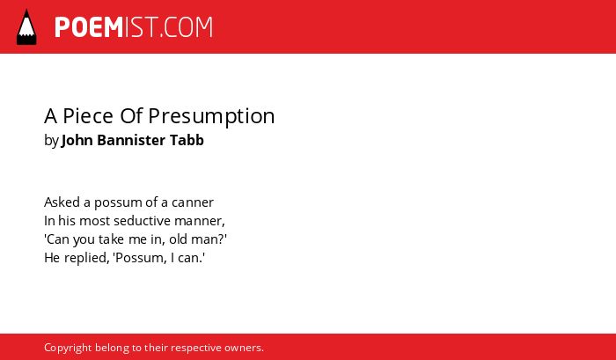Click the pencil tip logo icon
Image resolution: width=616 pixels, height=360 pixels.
26,26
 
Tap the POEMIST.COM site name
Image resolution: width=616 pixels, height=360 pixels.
134,27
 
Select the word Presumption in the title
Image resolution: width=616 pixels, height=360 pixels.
211,117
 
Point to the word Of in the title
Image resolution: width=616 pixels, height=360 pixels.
131,116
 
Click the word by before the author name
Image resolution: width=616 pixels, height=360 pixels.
51,141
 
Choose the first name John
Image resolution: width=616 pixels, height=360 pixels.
77,140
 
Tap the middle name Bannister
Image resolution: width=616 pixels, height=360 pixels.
131,140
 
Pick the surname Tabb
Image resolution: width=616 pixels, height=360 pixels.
187,140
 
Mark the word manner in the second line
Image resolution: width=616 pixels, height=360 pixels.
199,222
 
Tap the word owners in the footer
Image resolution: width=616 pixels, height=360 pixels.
243,349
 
